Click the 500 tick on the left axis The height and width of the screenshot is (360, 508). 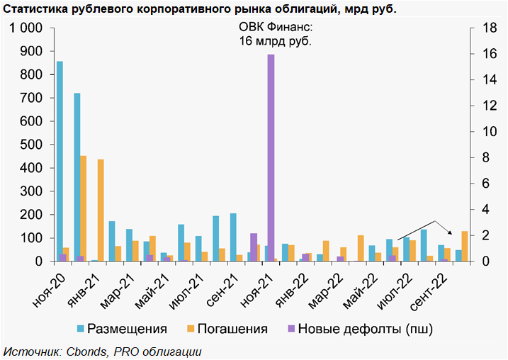pyautogui.click(x=32, y=145)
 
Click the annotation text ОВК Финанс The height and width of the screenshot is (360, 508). pyautogui.click(x=276, y=28)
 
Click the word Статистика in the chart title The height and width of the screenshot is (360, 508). pyautogui.click(x=35, y=9)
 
